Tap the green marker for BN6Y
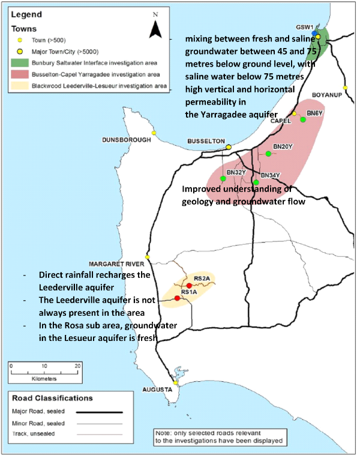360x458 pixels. (303, 119)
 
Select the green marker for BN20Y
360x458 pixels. (268, 154)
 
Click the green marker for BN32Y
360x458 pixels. (223, 179)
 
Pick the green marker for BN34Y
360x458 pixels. (256, 182)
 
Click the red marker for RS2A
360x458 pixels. (189, 285)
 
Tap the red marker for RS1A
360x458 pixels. (178, 298)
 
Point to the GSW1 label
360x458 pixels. (305, 28)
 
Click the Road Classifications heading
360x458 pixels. (52, 398)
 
